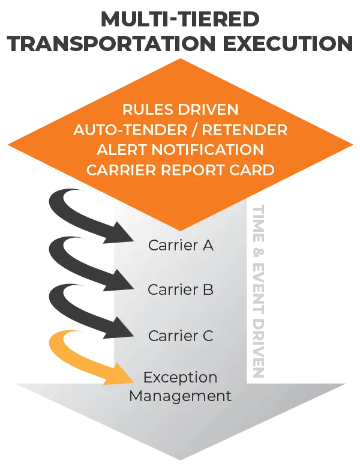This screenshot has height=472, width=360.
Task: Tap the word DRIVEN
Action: point(207,110)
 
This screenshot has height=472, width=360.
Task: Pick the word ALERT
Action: point(121,150)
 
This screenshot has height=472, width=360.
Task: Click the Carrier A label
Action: point(180,245)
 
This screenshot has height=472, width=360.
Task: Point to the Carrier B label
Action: point(180,290)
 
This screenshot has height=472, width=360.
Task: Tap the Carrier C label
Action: point(180,336)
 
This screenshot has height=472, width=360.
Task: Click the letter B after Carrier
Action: point(208,290)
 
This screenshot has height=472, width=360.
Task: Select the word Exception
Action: point(180,378)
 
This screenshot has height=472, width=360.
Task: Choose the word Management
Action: point(180,396)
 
